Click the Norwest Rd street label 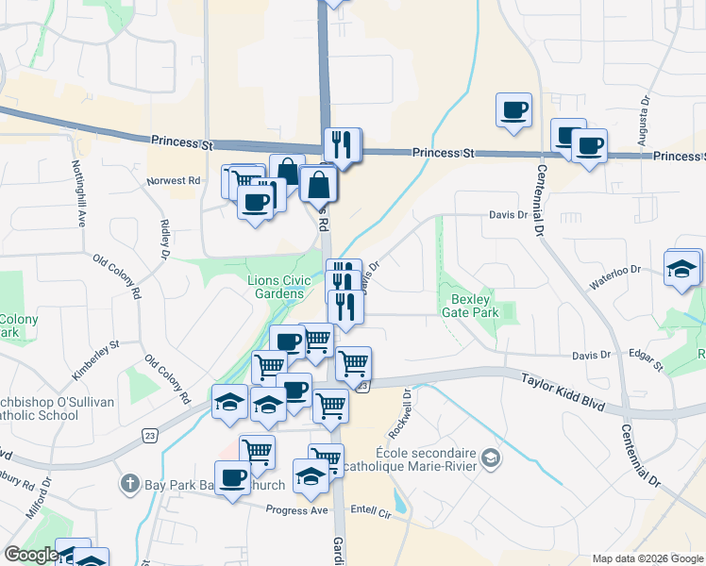174,180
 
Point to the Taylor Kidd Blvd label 563,390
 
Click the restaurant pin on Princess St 342,144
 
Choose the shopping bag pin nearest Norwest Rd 319,183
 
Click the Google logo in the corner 30,555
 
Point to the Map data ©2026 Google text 648,558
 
